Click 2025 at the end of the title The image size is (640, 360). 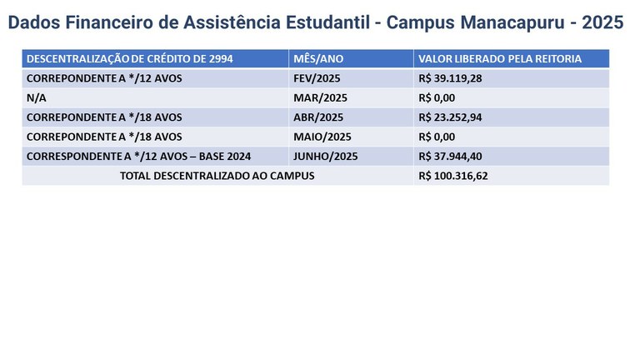pos(602,22)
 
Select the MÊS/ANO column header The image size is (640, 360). pos(318,59)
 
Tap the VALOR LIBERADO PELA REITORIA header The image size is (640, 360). pos(500,59)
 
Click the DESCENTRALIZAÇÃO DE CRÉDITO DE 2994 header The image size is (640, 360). pos(130,59)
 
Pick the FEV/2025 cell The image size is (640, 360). pos(317,78)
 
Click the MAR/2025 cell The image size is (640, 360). pos(320,98)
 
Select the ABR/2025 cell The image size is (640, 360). pos(318,117)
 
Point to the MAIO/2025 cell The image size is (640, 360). pos(322,137)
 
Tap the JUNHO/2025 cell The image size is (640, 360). pos(326,157)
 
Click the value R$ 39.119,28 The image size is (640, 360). pos(450,78)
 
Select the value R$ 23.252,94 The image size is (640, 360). pos(450,117)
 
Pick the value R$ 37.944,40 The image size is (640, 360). pos(450,157)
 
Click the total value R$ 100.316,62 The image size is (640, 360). pos(453,176)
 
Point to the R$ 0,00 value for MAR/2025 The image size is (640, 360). pos(437,98)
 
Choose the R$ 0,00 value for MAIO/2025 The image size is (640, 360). pos(437,137)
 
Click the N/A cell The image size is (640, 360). pos(37,98)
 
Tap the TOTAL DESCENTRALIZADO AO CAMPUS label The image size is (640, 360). pos(217,176)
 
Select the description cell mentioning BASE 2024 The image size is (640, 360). pos(139,157)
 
